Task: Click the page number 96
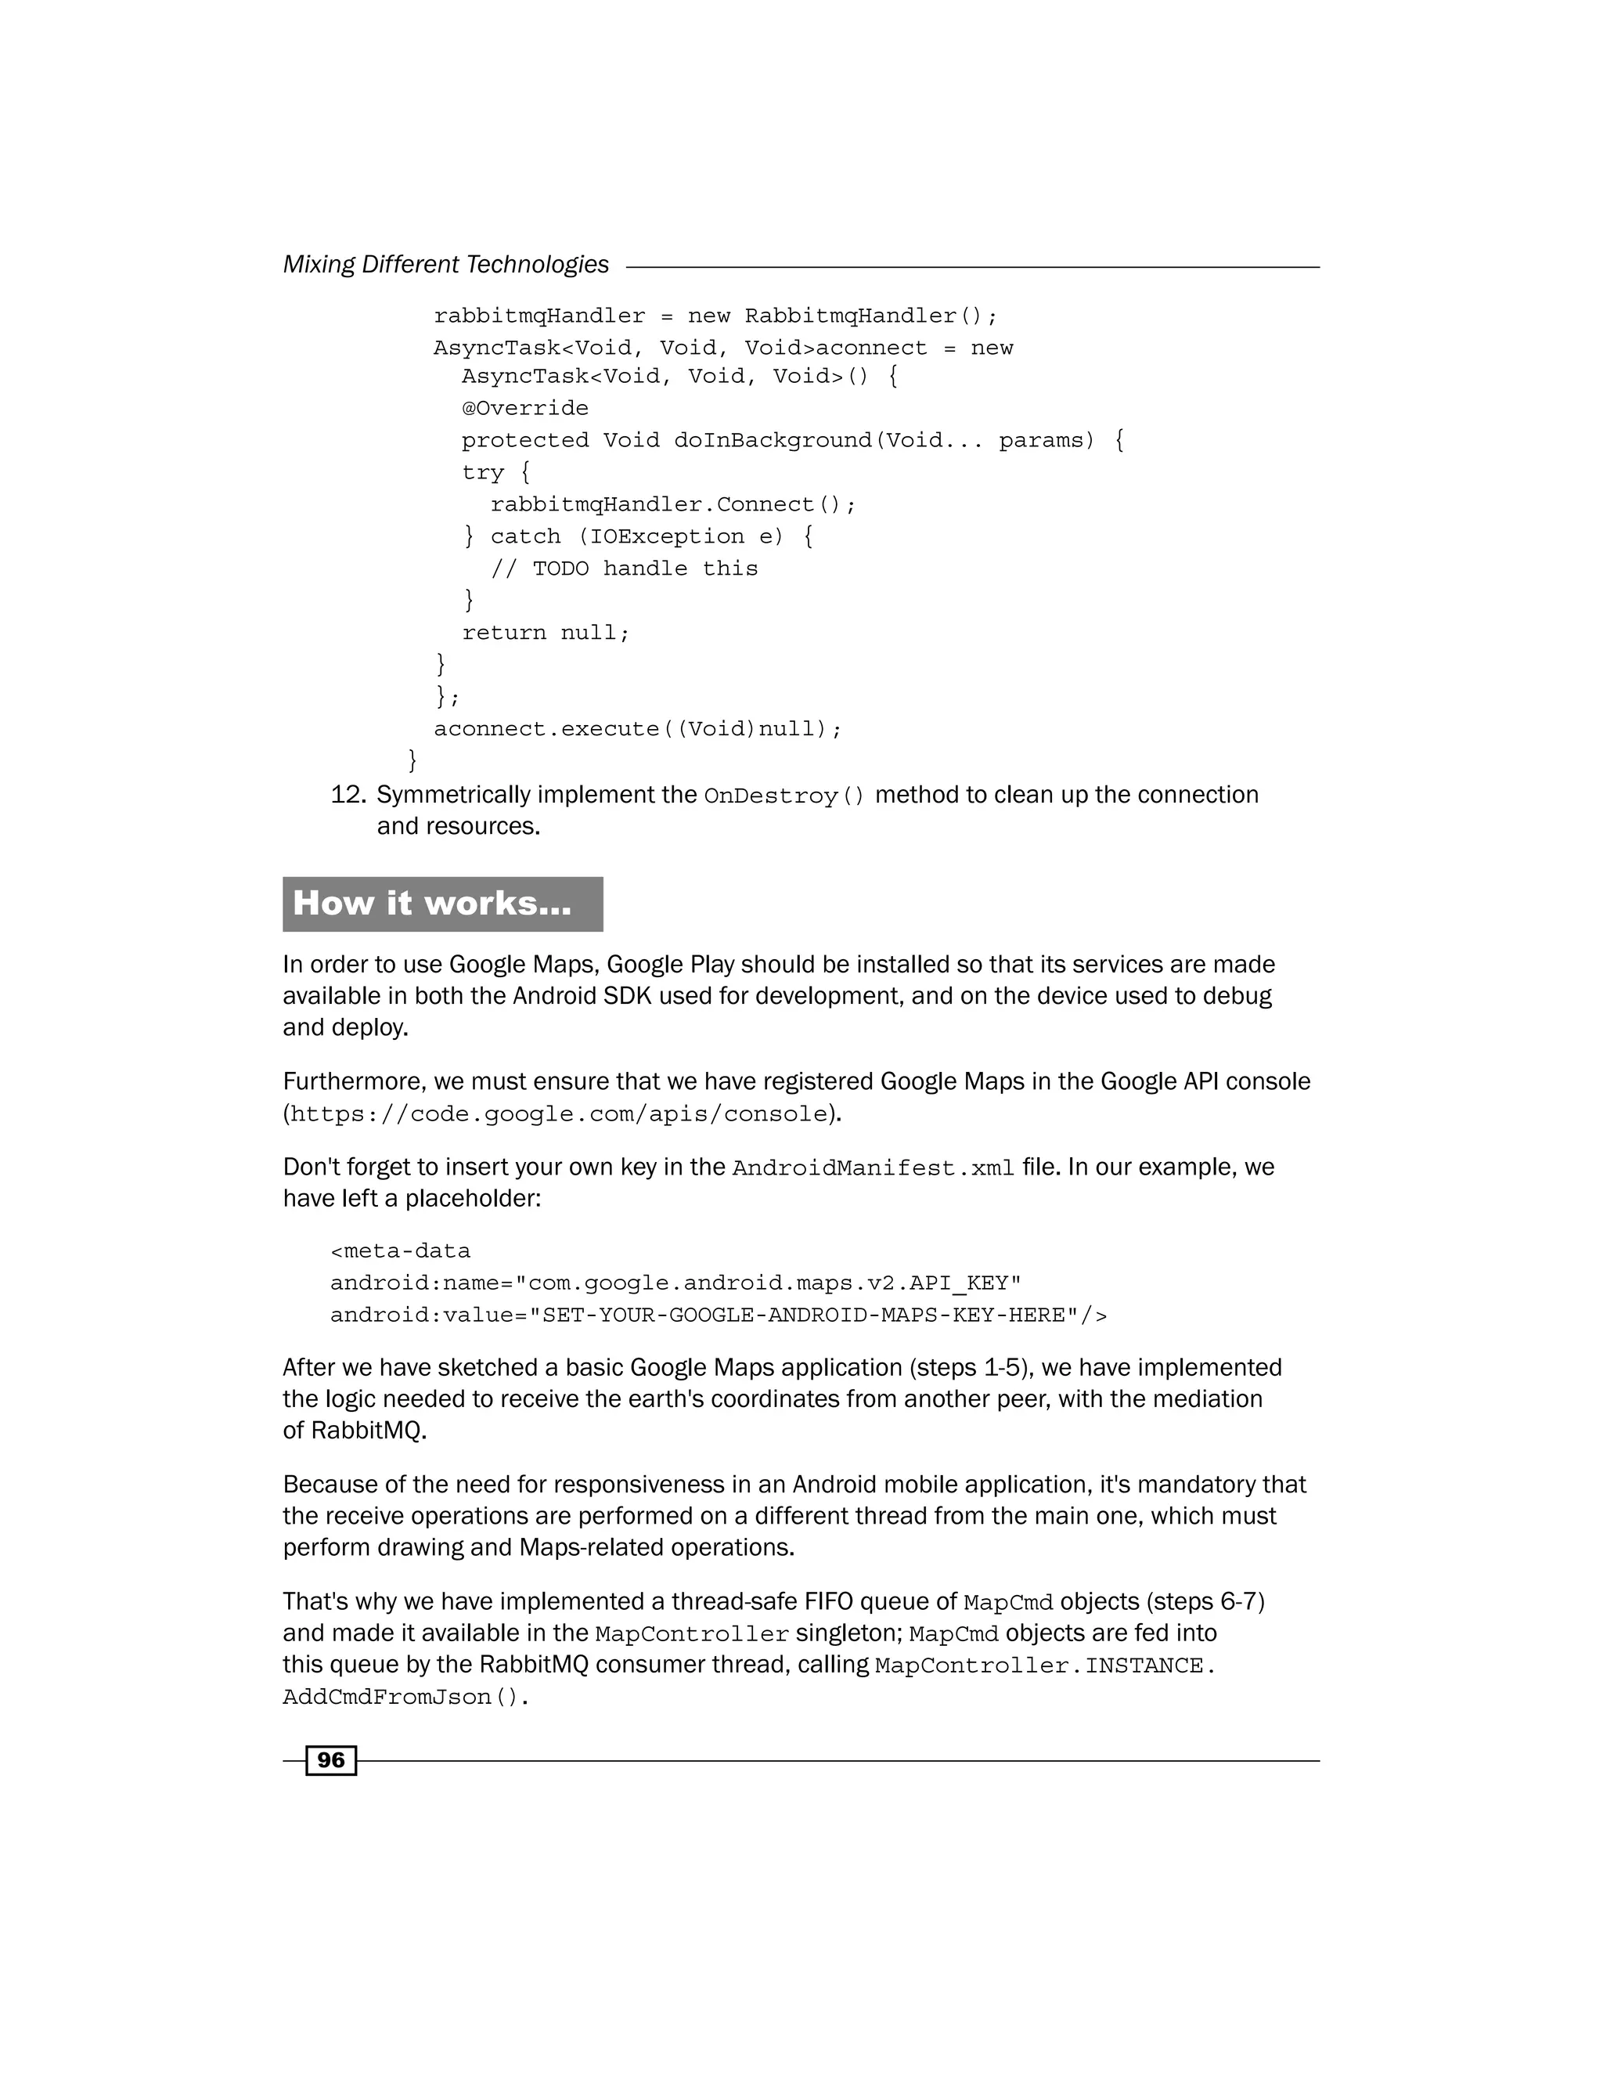[330, 1760]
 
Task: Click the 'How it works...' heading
[432, 904]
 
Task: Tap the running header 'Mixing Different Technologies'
[445, 265]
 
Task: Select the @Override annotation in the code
[524, 409]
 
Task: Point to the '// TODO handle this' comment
[624, 569]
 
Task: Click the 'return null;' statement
[545, 633]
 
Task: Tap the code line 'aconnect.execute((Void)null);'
[637, 730]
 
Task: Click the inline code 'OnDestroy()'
[784, 796]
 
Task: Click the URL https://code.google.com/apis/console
[558, 1114]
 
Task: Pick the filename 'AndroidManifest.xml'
[873, 1168]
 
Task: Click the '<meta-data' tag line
[400, 1251]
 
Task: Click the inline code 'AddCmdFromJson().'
[405, 1698]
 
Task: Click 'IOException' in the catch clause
[667, 537]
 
